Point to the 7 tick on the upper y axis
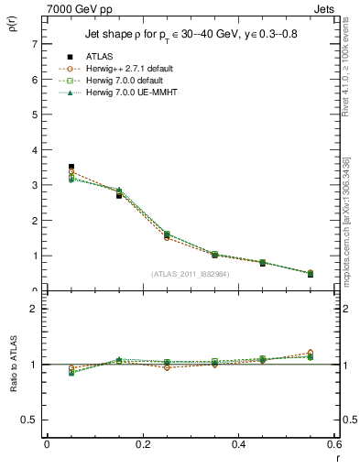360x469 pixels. pos(34,44)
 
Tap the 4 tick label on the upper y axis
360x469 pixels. pos(34,150)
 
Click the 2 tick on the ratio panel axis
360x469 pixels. pos(34,309)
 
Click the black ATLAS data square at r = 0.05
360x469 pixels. pos(71,167)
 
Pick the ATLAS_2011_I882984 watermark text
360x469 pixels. pos(191,273)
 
